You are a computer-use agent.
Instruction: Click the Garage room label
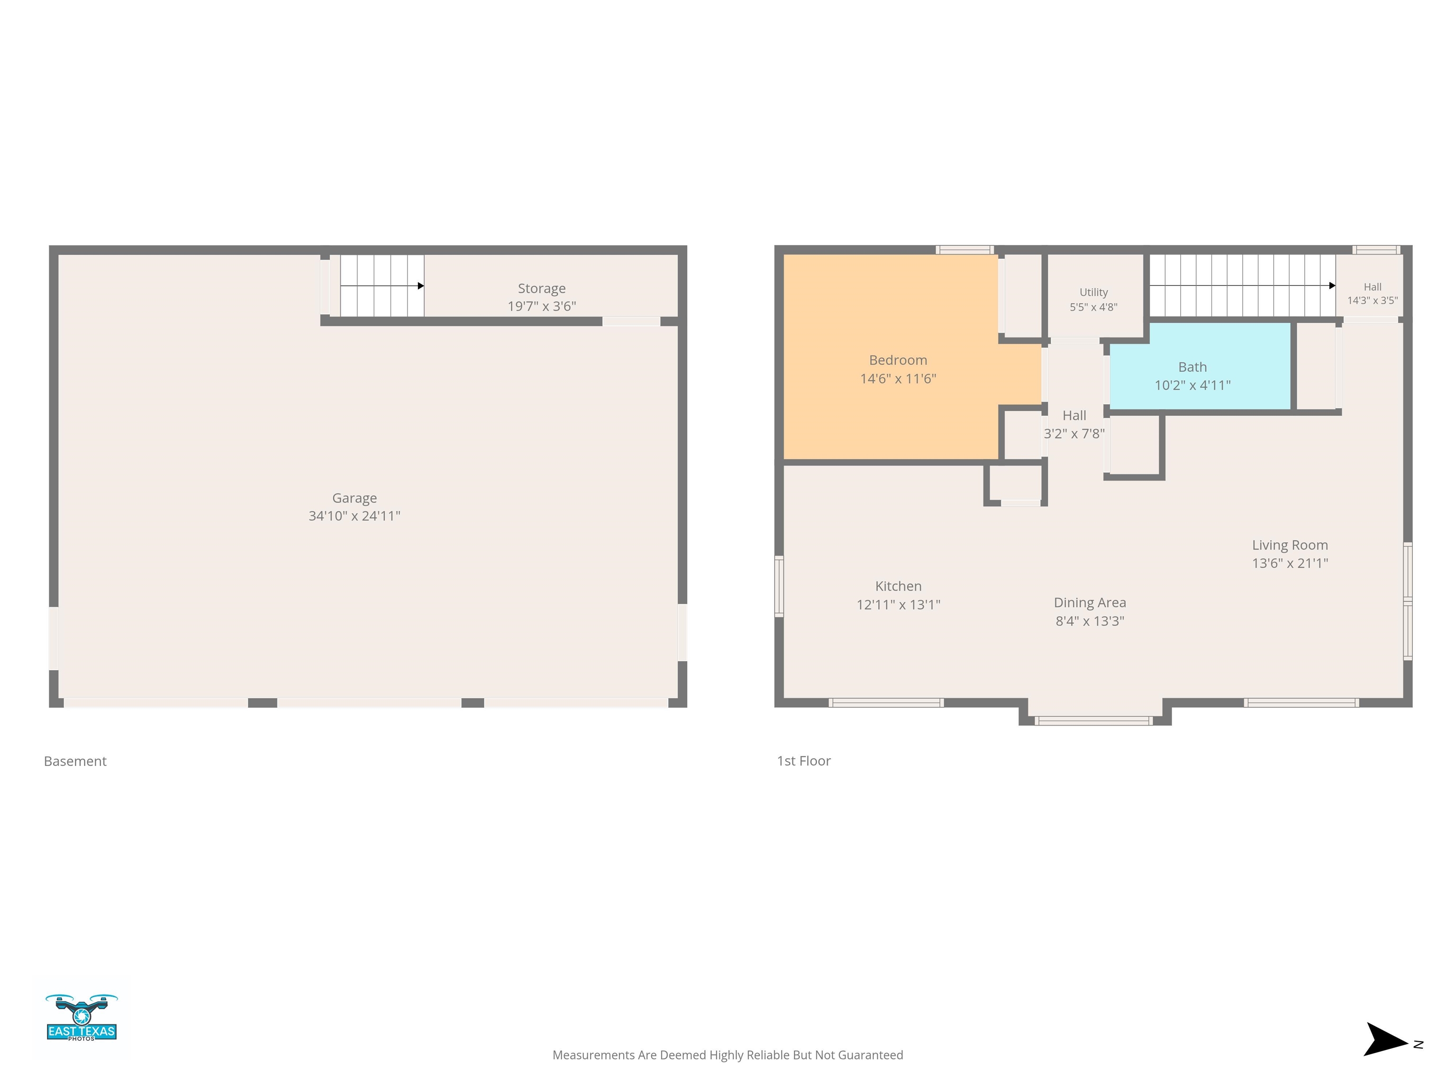(354, 498)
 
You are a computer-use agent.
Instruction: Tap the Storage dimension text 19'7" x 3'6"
(542, 306)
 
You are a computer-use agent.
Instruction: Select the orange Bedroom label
(898, 360)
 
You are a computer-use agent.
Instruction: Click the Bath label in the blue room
(1192, 367)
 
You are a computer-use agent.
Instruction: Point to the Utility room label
(1093, 292)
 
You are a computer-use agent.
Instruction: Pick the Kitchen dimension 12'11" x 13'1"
(898, 604)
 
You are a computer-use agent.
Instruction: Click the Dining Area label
(1089, 602)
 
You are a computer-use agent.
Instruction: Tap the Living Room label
(1290, 545)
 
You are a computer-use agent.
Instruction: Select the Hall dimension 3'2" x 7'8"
(1074, 433)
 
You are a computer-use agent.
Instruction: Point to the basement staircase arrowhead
(420, 286)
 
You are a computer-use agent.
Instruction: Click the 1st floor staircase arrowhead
(1332, 286)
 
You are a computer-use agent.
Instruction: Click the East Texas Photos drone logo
(82, 1018)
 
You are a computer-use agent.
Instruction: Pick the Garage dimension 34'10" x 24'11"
(354, 516)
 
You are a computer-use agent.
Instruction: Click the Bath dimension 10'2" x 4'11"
(1192, 385)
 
